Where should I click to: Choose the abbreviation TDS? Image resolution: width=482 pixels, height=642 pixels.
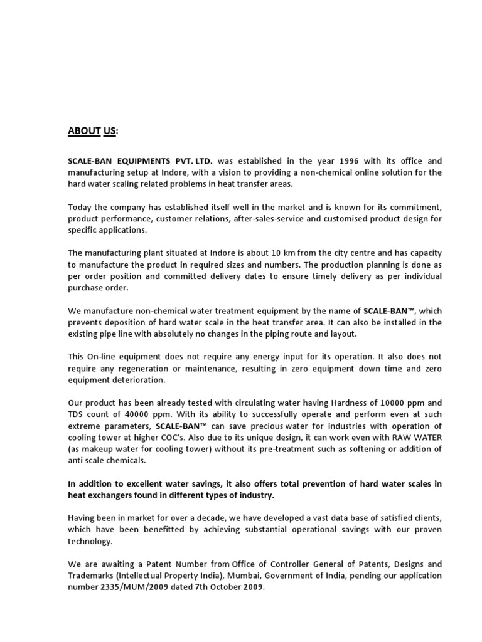(x=76, y=414)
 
